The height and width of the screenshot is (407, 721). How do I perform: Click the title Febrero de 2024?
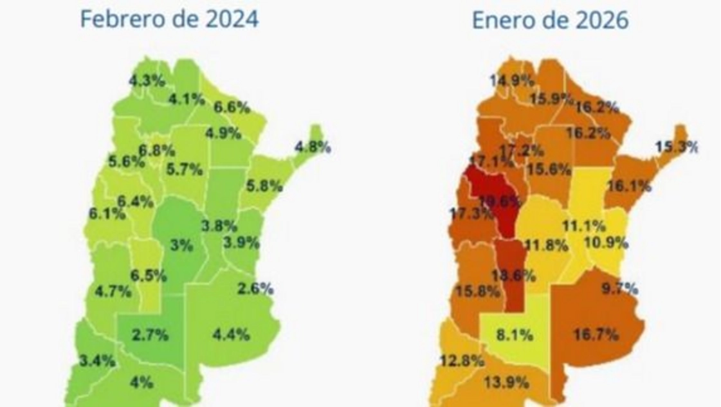[169, 19]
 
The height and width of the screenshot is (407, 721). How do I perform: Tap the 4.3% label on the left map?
[147, 82]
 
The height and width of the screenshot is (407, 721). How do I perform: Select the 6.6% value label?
[232, 107]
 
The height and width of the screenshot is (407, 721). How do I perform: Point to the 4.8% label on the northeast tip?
[313, 147]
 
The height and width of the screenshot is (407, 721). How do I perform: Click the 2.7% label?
[150, 334]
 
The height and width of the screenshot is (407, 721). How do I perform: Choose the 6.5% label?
[148, 275]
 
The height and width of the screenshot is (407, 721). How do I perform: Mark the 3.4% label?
[96, 360]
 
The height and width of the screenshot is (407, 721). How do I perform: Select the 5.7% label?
[184, 170]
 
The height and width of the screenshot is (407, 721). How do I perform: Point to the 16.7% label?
[595, 334]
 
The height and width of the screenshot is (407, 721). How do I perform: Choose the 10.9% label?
[605, 244]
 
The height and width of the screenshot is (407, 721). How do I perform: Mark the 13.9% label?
[507, 383]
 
